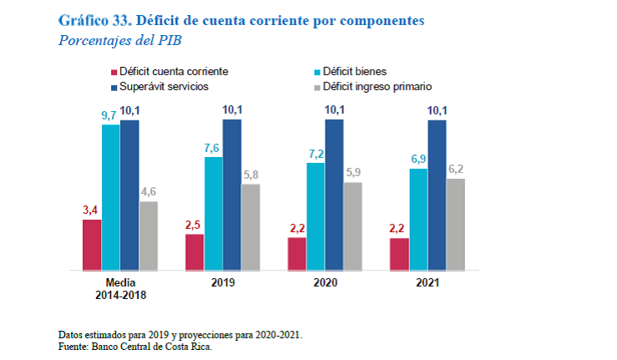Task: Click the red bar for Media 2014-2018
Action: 92,245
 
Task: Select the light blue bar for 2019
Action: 214,214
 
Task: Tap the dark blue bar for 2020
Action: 335,195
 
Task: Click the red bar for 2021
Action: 399,254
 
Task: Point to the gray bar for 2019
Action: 250,227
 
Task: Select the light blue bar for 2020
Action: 316,216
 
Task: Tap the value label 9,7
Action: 110,114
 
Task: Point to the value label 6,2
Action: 456,169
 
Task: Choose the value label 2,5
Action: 194,224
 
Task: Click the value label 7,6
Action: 214,147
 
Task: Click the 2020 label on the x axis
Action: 325,282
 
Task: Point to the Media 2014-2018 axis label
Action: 120,288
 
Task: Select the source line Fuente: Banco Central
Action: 136,346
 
